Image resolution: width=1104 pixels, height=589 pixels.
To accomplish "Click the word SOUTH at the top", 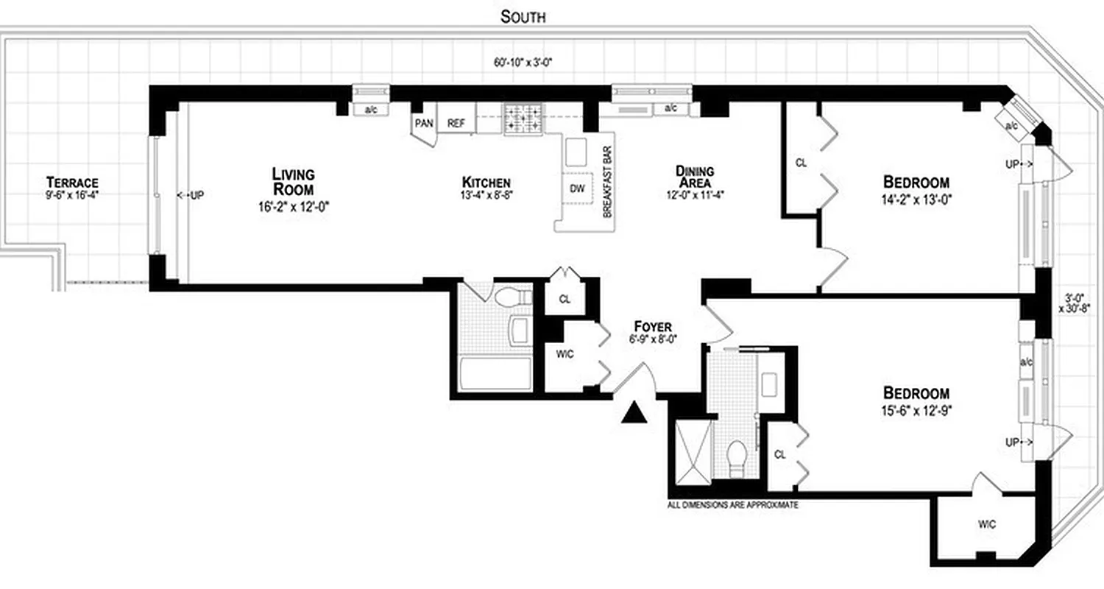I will click(x=523, y=16).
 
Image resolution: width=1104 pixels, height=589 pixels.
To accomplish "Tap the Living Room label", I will click(x=293, y=182).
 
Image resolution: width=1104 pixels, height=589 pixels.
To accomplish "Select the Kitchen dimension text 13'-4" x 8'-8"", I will click(x=486, y=197).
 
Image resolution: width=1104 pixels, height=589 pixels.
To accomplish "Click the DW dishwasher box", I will click(x=577, y=188).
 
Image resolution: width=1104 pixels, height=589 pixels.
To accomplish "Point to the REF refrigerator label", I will click(x=456, y=124).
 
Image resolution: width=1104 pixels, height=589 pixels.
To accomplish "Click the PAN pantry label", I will click(x=424, y=123).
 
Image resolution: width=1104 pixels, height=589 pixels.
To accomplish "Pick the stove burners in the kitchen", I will click(x=523, y=119).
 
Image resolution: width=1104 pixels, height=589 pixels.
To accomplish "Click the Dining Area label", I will click(x=695, y=177).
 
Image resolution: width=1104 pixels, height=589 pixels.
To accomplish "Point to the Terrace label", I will click(x=72, y=183).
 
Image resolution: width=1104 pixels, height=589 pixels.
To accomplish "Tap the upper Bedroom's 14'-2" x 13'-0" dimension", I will click(x=916, y=198).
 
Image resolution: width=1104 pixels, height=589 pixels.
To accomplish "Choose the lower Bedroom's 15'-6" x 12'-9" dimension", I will click(x=916, y=409).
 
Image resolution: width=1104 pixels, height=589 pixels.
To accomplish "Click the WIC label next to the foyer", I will click(x=565, y=354).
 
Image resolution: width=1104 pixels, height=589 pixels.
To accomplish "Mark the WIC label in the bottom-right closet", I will click(x=987, y=524).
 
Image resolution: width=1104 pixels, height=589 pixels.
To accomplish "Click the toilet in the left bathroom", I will click(x=512, y=297).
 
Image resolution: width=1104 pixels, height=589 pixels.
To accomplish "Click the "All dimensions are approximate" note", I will click(x=732, y=506).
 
